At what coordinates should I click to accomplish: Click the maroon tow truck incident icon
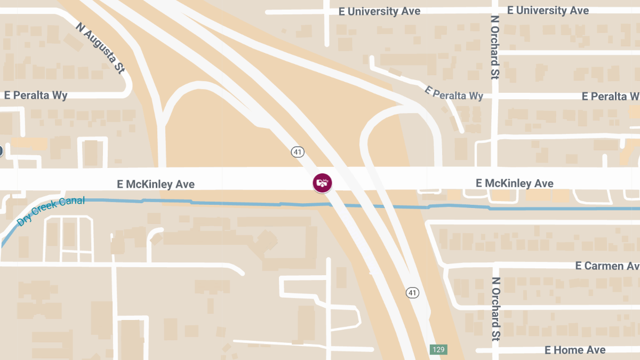(322, 182)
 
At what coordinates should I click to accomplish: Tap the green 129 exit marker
(438, 350)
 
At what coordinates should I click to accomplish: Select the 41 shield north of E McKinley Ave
(298, 152)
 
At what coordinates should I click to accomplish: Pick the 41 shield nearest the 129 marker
(412, 292)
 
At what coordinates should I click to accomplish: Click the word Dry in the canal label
(25, 219)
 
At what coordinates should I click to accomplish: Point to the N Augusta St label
(100, 47)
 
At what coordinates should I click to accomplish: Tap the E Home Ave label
(575, 350)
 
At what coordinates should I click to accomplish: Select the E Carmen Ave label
(607, 266)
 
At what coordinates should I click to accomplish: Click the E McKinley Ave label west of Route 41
(156, 185)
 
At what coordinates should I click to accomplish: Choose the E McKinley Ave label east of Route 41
(514, 183)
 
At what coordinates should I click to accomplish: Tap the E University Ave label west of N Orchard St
(379, 11)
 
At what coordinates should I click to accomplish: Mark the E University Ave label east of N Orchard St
(548, 10)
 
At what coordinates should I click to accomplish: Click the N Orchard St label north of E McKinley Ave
(495, 47)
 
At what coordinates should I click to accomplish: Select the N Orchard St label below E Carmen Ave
(495, 308)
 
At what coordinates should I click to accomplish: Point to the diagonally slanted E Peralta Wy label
(453, 93)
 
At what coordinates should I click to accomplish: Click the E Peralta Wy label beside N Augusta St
(36, 95)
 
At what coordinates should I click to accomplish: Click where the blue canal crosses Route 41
(347, 205)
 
